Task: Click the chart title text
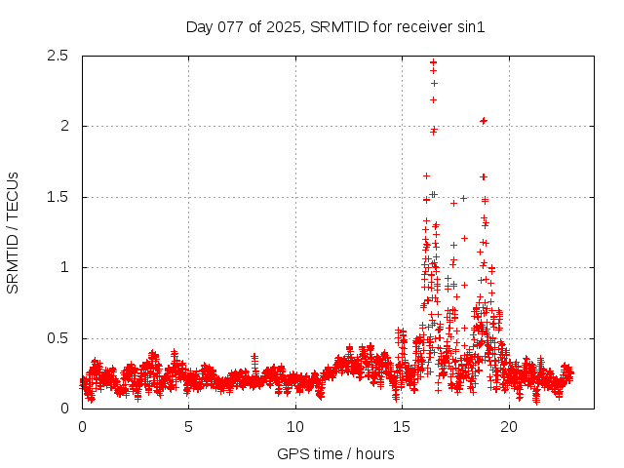[x=335, y=27]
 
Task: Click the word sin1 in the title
[x=471, y=27]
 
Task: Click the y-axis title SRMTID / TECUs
[x=13, y=232]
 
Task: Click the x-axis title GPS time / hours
[x=335, y=453]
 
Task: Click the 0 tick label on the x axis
[x=82, y=426]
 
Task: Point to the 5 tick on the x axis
[x=188, y=426]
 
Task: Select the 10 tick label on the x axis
[x=295, y=426]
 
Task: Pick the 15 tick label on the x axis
[x=402, y=426]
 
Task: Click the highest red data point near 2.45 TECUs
[x=433, y=62]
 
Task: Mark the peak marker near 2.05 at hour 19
[x=484, y=121]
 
